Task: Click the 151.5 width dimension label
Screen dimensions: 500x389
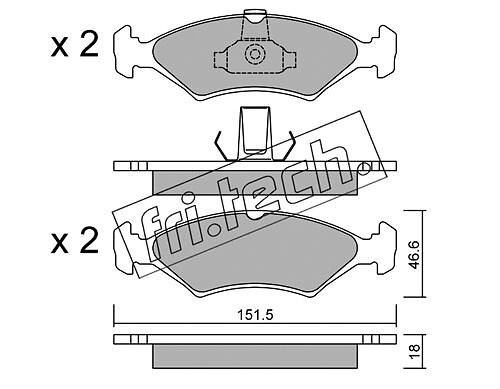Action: point(255,315)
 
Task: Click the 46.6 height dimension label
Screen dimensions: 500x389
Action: point(414,255)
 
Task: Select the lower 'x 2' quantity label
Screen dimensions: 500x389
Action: point(75,241)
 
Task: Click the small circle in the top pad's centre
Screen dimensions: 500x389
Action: point(254,54)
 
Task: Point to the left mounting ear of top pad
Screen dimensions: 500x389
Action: point(129,51)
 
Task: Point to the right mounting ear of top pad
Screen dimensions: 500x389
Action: point(381,51)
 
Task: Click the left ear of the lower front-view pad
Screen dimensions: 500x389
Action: point(129,248)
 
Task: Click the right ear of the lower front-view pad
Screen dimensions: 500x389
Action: point(381,248)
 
